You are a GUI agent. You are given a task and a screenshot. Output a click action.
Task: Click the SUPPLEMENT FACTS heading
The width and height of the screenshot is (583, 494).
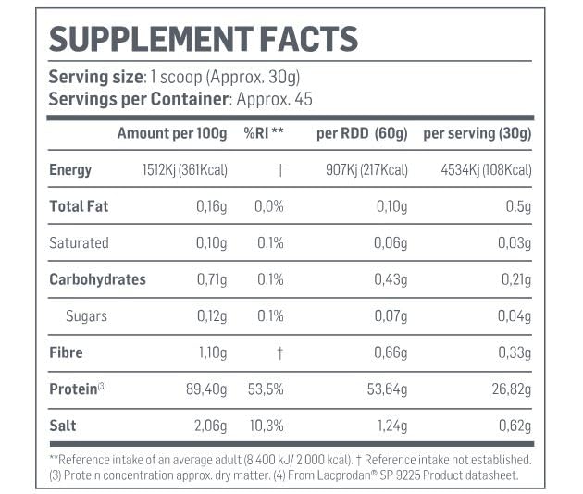[x=203, y=40]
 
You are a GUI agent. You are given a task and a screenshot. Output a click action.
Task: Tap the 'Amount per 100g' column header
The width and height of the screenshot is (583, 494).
[x=171, y=134]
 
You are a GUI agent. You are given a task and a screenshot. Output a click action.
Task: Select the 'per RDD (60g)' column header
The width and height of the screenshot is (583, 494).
[x=362, y=134]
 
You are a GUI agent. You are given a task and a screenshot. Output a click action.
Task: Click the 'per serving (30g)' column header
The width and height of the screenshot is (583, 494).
[x=477, y=134]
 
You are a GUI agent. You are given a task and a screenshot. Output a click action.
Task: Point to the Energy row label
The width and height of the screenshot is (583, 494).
[x=70, y=170]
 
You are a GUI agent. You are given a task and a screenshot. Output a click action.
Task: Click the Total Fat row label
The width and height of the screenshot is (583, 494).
[x=79, y=206]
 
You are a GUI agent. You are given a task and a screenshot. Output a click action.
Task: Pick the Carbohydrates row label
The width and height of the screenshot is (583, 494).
[x=97, y=279]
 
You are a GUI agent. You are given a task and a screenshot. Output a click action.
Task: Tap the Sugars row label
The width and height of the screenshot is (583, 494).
[x=86, y=316]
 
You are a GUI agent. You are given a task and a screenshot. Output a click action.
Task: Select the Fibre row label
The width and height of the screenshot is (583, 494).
[x=66, y=352]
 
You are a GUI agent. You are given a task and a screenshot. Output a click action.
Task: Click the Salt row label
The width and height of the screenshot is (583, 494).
[x=62, y=426]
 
